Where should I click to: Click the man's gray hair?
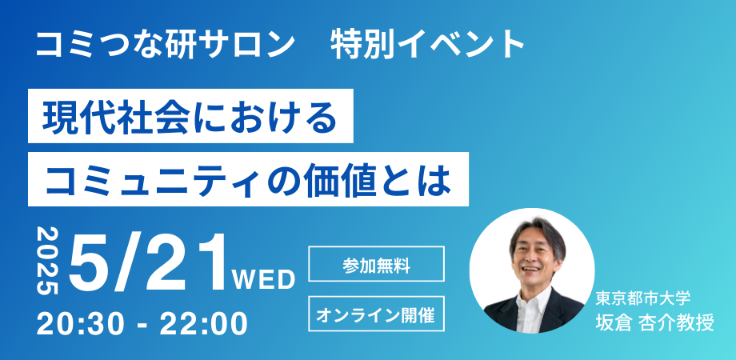[x=532, y=228]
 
